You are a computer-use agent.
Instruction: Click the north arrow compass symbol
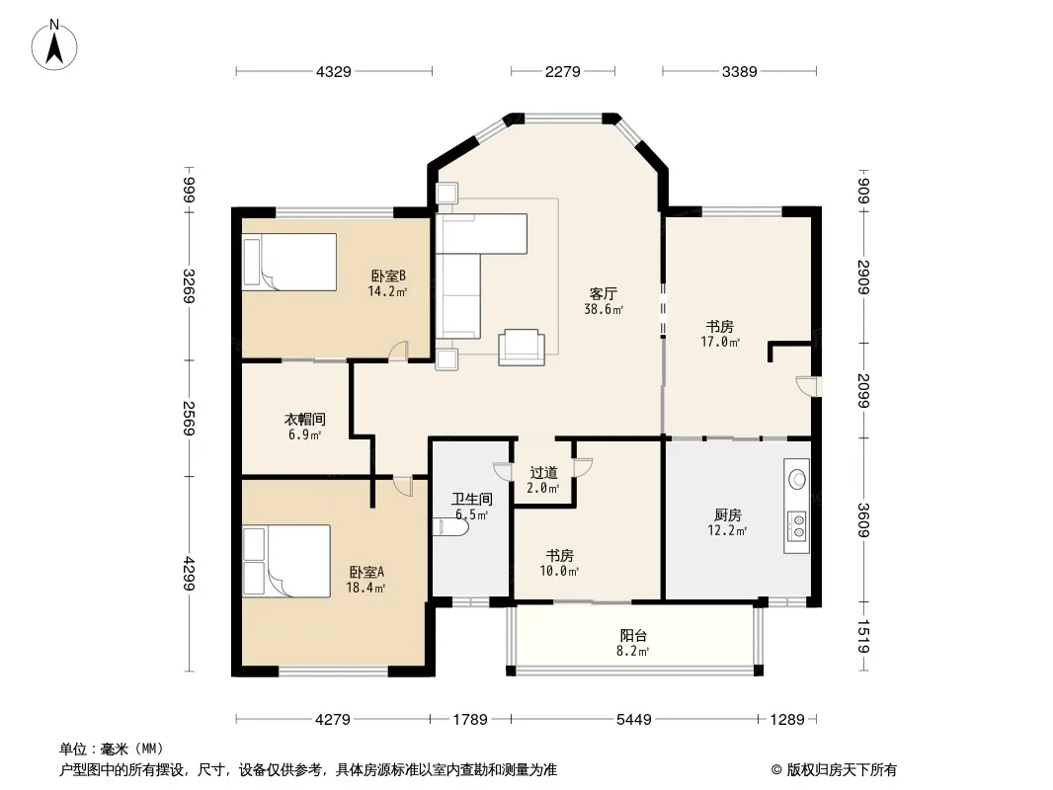(x=54, y=45)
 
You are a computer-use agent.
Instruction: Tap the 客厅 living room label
(x=604, y=294)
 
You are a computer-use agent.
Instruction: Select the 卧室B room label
(x=388, y=276)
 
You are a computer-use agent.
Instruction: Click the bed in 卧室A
(x=286, y=561)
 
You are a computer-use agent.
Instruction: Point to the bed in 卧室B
(x=289, y=262)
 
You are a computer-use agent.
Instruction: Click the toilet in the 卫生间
(x=450, y=527)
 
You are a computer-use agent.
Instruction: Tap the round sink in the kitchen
(x=797, y=479)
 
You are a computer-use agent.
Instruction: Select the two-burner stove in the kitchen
(x=797, y=525)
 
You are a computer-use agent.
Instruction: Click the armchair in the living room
(x=522, y=347)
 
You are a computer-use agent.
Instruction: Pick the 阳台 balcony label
(x=632, y=635)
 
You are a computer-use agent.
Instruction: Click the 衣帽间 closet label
(x=305, y=420)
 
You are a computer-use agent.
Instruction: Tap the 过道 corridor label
(x=543, y=473)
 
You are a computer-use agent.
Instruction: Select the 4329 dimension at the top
(x=334, y=71)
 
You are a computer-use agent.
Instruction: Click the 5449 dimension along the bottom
(x=634, y=720)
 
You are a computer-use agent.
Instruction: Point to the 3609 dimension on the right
(x=863, y=520)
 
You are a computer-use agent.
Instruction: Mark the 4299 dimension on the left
(x=190, y=574)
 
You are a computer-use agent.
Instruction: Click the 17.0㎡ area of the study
(x=720, y=343)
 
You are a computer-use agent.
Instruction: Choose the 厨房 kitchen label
(x=727, y=514)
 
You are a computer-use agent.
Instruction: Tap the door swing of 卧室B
(x=398, y=351)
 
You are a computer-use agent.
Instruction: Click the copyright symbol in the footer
(x=776, y=770)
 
